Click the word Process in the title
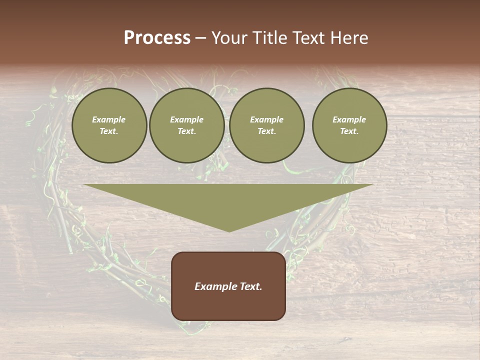[157, 38]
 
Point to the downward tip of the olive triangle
[229, 230]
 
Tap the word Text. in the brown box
[250, 286]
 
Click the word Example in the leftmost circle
[109, 119]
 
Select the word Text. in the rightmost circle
[349, 131]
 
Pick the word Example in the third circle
[267, 119]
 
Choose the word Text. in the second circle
[187, 131]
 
